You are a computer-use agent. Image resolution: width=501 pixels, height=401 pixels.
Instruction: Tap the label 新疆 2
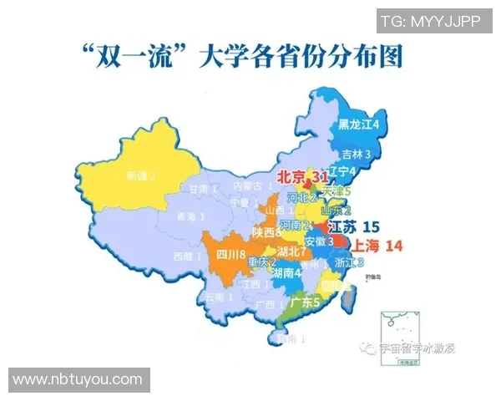(142, 176)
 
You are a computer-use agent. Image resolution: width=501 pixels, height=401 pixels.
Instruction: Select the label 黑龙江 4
(359, 124)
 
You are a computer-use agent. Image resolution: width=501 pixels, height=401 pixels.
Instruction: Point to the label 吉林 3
(357, 155)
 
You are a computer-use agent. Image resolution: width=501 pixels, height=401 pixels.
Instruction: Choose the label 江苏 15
(354, 226)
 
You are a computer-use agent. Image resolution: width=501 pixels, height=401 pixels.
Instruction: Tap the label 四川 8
(230, 254)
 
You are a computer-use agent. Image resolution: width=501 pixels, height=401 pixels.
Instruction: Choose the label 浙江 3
(348, 262)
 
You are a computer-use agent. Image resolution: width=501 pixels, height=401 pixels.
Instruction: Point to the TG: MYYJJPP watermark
(430, 21)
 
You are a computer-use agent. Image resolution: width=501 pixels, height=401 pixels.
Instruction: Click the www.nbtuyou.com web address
(78, 379)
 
